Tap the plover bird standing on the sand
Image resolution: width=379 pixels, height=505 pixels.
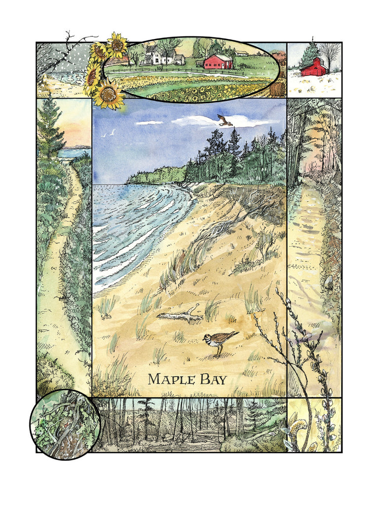219,340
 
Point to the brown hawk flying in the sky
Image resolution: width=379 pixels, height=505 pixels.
225,120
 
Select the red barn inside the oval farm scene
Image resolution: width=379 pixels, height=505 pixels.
218,62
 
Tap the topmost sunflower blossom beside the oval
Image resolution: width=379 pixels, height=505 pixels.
117,44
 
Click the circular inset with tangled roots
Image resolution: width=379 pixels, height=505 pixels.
65,425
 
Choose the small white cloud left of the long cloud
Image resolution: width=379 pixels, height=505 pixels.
149,122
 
